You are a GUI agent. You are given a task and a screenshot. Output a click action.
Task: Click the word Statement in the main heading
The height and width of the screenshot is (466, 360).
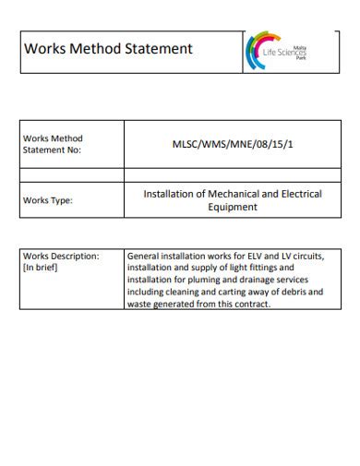click(160, 48)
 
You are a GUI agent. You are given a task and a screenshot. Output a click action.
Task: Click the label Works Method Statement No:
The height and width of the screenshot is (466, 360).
click(53, 145)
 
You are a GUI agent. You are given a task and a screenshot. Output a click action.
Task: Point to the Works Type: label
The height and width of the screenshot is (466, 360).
click(48, 199)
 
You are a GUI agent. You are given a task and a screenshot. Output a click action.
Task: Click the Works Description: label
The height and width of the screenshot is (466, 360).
click(60, 256)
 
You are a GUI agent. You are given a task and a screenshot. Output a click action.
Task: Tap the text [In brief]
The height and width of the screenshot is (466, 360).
click(41, 268)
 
